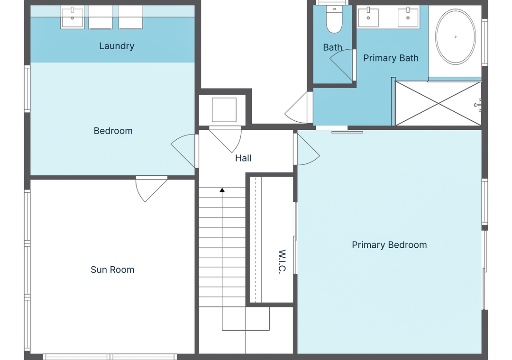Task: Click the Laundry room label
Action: tap(117, 46)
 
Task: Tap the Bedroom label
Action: tap(113, 131)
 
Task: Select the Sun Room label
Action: tap(112, 270)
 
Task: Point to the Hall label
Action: tap(243, 158)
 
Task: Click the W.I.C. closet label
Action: tap(282, 261)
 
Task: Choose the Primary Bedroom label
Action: tap(389, 245)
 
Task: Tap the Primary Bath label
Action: tap(391, 58)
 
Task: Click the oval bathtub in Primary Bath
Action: tap(456, 36)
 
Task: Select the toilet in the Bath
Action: tap(334, 19)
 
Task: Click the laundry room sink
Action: tap(72, 18)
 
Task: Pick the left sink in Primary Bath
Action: tap(368, 18)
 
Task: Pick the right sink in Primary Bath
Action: tap(408, 18)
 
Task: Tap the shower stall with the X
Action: tap(438, 103)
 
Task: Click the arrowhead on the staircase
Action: tap(222, 190)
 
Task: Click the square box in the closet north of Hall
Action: tap(224, 110)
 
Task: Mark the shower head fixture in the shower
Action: tap(478, 105)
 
